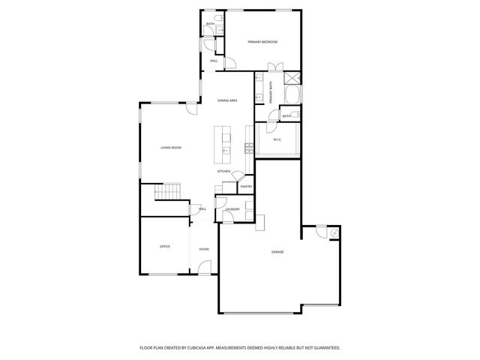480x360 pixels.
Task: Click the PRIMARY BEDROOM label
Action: coord(262,42)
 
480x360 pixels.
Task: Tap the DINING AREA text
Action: coord(227,100)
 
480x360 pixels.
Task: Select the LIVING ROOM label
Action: coord(171,148)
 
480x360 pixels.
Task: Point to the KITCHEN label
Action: coord(223,172)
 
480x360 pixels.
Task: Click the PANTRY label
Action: coord(246,186)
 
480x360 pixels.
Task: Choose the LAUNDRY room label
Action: coord(232,209)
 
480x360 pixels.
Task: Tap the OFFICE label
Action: coord(164,247)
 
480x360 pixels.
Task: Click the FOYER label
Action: coord(203,249)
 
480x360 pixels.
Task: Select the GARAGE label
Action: coord(277,252)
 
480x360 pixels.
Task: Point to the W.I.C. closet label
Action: coord(277,139)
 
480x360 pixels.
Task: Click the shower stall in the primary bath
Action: coord(292,76)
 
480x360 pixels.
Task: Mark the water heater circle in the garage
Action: coord(333,234)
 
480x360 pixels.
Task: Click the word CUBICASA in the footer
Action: coord(199,348)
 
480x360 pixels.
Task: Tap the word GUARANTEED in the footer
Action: coord(324,348)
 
